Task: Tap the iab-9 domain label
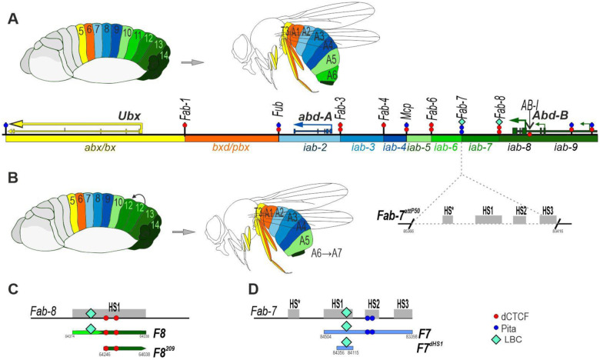[x=566, y=146]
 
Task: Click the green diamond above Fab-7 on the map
[x=462, y=122]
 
